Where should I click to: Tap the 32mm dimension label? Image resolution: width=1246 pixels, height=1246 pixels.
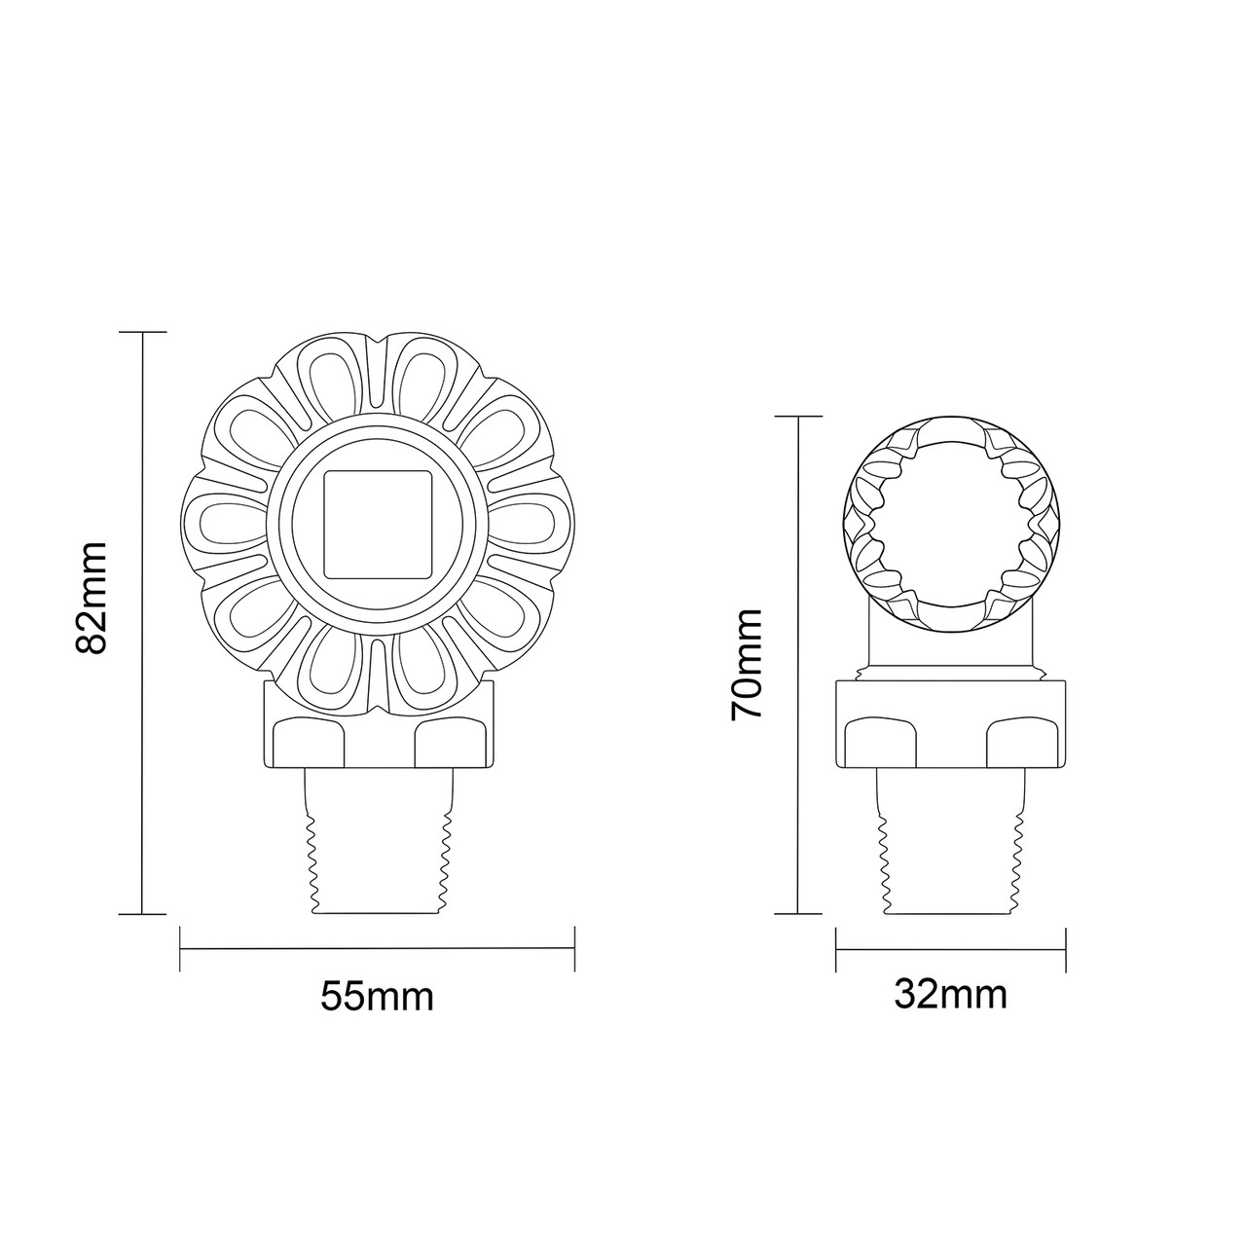click(x=950, y=995)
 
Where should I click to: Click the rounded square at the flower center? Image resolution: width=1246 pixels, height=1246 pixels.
click(x=377, y=523)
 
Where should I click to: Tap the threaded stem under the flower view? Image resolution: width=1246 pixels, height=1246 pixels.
click(x=377, y=847)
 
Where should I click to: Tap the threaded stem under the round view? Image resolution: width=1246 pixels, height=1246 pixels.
click(x=950, y=847)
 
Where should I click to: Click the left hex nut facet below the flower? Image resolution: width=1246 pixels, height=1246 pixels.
click(x=308, y=744)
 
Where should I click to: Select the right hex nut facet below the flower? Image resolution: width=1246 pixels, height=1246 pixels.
click(x=449, y=744)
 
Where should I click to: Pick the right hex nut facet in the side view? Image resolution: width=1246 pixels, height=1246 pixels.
click(x=1022, y=744)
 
